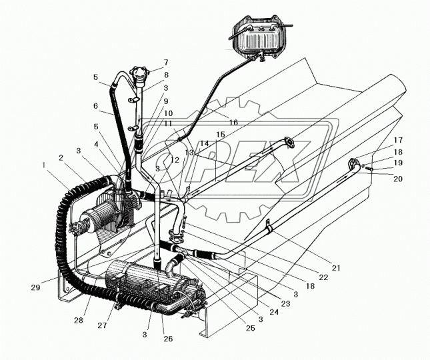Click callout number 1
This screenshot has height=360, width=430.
click(45, 164)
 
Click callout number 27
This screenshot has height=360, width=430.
click(102, 326)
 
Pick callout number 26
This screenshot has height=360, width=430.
click(168, 338)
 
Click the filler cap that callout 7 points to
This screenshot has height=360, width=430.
click(139, 71)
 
